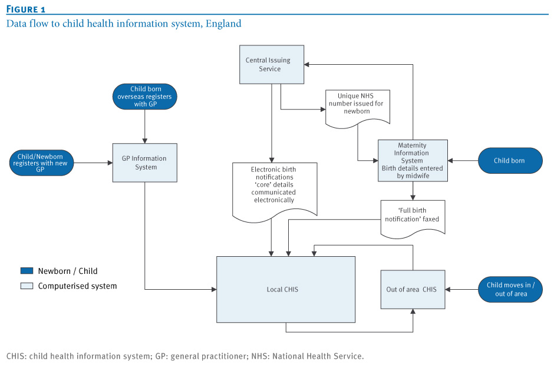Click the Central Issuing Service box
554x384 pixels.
click(x=271, y=64)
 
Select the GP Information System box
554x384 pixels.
click(x=144, y=163)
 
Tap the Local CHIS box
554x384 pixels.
click(x=285, y=289)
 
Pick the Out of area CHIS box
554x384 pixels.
click(x=413, y=289)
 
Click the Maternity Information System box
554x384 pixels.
click(x=413, y=161)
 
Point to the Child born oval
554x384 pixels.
click(x=510, y=161)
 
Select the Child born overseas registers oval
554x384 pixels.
click(x=145, y=97)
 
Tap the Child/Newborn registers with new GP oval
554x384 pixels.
click(x=41, y=163)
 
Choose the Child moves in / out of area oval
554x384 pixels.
click(x=510, y=289)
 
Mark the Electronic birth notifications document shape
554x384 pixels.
click(x=275, y=191)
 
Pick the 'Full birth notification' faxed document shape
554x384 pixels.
click(x=413, y=219)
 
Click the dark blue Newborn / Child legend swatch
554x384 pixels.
click(x=27, y=271)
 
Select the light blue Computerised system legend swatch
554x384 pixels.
click(x=27, y=286)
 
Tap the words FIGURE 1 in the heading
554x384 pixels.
click(x=26, y=9)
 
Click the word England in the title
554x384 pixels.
click(x=223, y=24)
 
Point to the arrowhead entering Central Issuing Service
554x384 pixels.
click(x=306, y=65)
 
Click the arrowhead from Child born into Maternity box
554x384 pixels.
click(x=450, y=161)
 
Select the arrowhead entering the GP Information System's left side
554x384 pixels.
click(x=110, y=163)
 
